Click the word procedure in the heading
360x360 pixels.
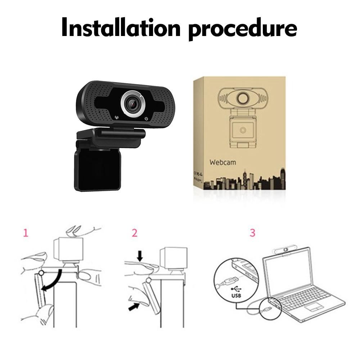[243, 30]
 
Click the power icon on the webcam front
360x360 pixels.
[146, 119]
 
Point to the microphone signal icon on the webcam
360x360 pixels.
[117, 117]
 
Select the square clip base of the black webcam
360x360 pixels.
[98, 170]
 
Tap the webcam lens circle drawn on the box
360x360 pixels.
[242, 98]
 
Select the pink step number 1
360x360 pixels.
[26, 233]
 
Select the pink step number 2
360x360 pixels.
[135, 233]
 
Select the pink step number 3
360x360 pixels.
[252, 233]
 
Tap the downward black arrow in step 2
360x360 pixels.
[140, 256]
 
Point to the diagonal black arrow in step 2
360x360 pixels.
[134, 307]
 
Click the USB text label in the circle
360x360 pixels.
[236, 295]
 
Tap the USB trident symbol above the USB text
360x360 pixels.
[236, 289]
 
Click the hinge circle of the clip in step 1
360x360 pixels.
[41, 273]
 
